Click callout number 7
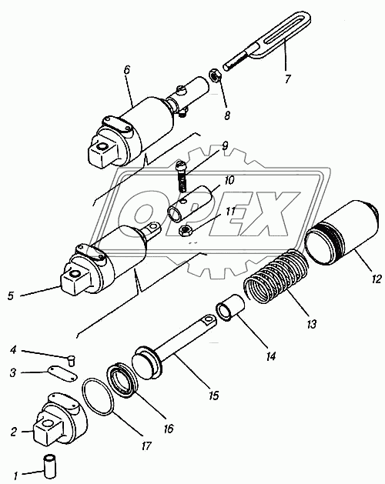pyautogui.click(x=288, y=79)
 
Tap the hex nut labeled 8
pyautogui.click(x=214, y=75)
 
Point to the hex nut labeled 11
pyautogui.click(x=186, y=231)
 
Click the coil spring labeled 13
pyautogui.click(x=276, y=275)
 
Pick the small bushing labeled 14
pyautogui.click(x=231, y=308)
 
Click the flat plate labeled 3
pyautogui.click(x=62, y=373)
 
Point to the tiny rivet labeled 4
pyautogui.click(x=72, y=361)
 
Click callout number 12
pyautogui.click(x=377, y=279)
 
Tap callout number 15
pyautogui.click(x=214, y=395)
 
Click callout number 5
pyautogui.click(x=11, y=295)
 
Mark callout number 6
pyautogui.click(x=127, y=70)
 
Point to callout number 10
pyautogui.click(x=229, y=180)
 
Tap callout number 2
pyautogui.click(x=13, y=432)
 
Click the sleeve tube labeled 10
pyautogui.click(x=190, y=205)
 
